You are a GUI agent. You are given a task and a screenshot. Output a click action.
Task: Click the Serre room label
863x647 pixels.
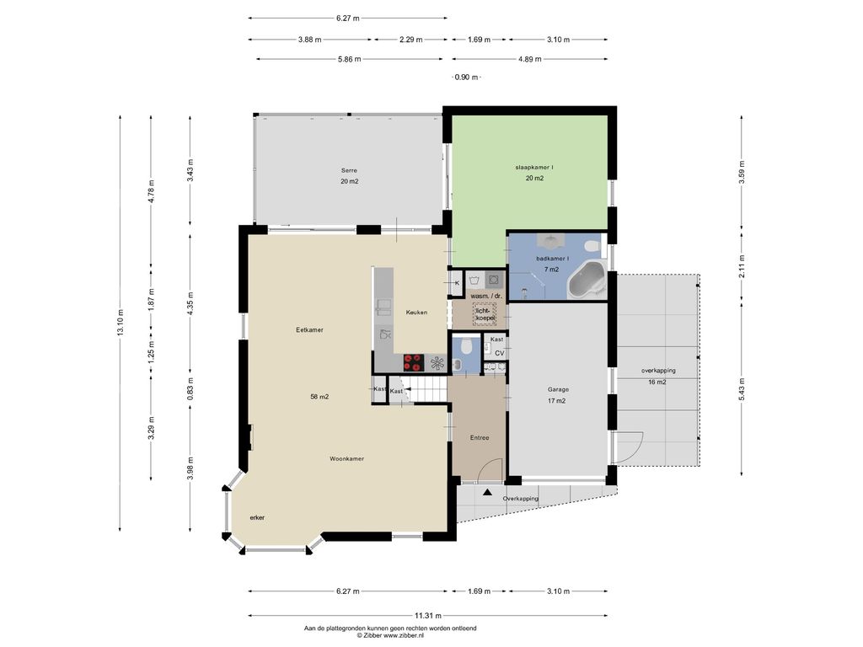[349, 170]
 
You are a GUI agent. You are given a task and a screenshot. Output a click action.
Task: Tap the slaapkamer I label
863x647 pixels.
[533, 167]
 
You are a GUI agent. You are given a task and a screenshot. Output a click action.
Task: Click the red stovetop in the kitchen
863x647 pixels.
[412, 362]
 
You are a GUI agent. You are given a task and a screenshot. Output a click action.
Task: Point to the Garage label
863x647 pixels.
[558, 389]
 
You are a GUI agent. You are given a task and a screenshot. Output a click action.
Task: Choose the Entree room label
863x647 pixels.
[480, 438]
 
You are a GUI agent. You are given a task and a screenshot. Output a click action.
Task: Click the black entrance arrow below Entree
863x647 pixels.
[487, 492]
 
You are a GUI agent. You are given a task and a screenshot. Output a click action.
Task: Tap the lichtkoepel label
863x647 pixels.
[485, 314]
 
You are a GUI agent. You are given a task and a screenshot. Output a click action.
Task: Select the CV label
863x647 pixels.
[499, 353]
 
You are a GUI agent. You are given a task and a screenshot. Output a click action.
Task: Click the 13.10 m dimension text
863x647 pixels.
[121, 323]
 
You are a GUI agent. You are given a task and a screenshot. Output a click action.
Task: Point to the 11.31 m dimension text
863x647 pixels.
[427, 616]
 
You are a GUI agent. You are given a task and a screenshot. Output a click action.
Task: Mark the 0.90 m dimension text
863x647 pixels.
[465, 78]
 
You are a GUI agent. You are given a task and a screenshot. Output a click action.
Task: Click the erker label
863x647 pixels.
[257, 518]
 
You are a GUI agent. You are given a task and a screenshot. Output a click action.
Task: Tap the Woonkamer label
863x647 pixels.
[346, 459]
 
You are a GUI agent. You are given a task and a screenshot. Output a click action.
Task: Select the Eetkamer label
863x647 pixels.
[309, 330]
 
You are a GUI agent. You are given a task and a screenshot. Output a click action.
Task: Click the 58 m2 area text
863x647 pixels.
[319, 397]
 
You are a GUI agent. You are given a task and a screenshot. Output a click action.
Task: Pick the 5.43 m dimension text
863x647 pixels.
[742, 390]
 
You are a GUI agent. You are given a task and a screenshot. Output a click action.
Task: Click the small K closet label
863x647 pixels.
[457, 283]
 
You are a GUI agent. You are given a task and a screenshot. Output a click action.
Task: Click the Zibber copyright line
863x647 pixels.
[390, 635]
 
